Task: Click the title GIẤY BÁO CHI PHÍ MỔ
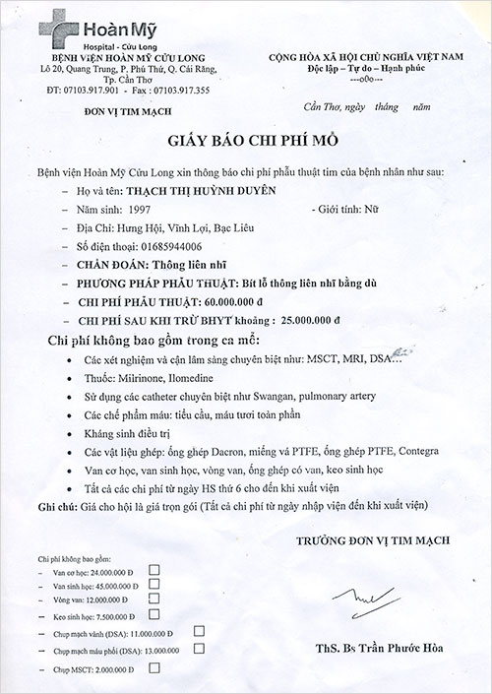(x=244, y=143)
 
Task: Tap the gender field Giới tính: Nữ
(x=340, y=210)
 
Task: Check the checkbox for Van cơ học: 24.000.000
(x=154, y=570)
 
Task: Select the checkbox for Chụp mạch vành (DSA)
(x=199, y=630)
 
